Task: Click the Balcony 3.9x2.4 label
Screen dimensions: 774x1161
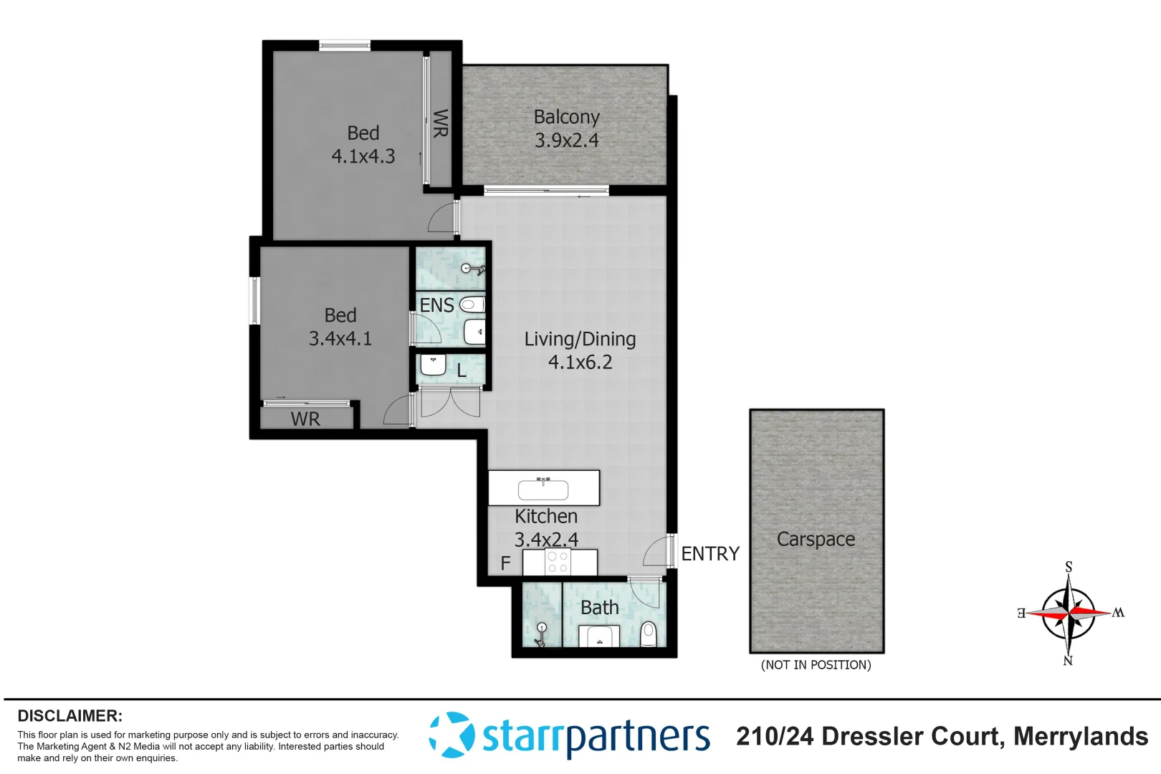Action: click(566, 128)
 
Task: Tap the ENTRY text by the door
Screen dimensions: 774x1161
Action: click(709, 554)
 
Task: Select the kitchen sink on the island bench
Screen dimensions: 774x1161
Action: click(543, 489)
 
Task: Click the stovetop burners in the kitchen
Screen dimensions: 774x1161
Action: click(558, 563)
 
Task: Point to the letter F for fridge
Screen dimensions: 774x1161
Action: click(505, 564)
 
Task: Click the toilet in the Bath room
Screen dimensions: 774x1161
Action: click(648, 634)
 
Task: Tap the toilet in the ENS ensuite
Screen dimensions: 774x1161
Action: click(471, 305)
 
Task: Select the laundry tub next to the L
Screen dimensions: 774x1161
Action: click(433, 365)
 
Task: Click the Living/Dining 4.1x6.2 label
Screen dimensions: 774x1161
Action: click(580, 350)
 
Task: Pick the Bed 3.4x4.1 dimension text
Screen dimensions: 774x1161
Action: click(340, 338)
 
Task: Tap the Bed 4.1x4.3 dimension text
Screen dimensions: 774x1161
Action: click(363, 156)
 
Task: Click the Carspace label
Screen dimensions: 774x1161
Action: click(816, 539)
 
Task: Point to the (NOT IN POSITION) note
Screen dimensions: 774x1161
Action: click(816, 665)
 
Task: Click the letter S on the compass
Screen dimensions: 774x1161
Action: click(1069, 567)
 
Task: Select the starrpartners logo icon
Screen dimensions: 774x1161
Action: click(451, 735)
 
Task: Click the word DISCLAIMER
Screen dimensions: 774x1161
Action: click(70, 716)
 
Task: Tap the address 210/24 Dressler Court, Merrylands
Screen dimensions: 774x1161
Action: click(942, 736)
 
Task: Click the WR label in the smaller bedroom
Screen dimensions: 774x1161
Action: click(305, 419)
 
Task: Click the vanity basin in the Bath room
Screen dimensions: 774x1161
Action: click(599, 636)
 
